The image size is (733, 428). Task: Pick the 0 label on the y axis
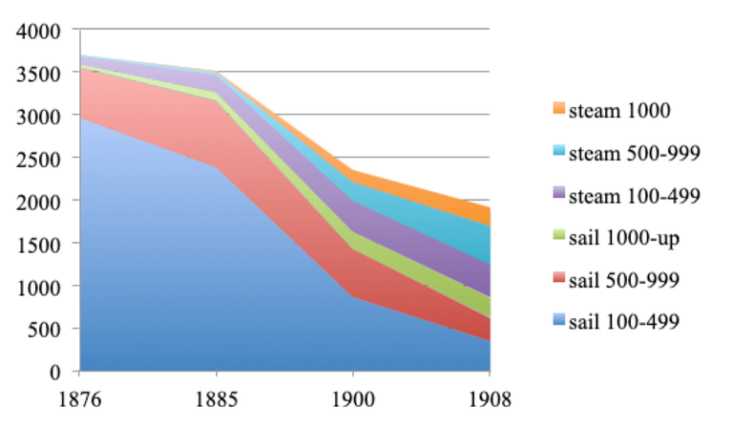coord(56,372)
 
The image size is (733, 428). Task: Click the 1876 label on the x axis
coord(79,395)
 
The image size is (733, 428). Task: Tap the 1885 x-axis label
coord(216,395)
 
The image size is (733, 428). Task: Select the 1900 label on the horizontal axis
coord(352,395)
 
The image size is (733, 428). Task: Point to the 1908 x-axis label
coord(490,395)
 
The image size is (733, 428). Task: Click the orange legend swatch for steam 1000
coord(558,111)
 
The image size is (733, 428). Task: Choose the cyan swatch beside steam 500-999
coord(558,153)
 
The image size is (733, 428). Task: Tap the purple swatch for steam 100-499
coord(558,196)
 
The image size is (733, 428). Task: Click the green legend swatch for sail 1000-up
coord(558,238)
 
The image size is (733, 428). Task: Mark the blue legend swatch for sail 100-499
coord(558,323)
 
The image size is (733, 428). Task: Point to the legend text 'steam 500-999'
coord(634,153)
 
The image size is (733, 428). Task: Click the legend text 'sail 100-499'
coord(623,323)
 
